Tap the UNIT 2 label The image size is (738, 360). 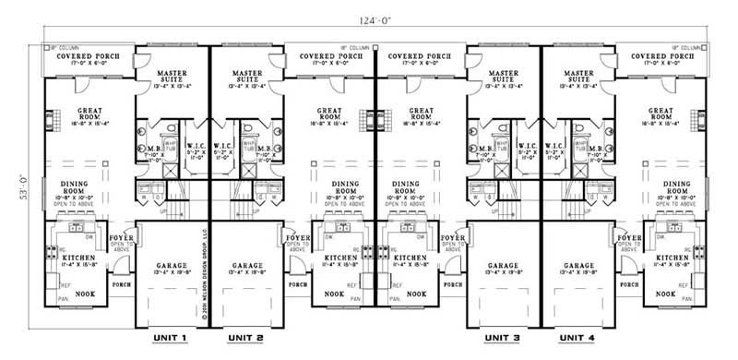pyautogui.click(x=246, y=338)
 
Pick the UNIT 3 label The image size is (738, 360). pyautogui.click(x=503, y=338)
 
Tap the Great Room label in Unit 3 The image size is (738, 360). pyautogui.click(x=419, y=114)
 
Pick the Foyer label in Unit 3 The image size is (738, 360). pyautogui.click(x=452, y=238)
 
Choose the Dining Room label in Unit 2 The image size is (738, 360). pyautogui.click(x=342, y=188)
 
